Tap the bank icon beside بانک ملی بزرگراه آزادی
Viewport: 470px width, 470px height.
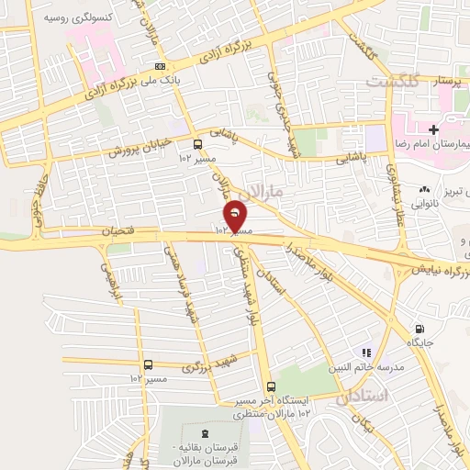tap(161, 66)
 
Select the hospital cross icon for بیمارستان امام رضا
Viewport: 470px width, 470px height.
tap(433, 130)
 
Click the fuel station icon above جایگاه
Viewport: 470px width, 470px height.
tap(420, 330)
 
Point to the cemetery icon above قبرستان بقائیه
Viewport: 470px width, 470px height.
tap(204, 433)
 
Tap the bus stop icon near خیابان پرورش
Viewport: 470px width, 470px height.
tap(197, 144)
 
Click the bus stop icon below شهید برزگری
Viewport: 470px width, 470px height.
tap(149, 364)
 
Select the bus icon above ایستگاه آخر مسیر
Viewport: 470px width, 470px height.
tap(270, 386)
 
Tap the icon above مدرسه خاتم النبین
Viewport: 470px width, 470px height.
tap(365, 351)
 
